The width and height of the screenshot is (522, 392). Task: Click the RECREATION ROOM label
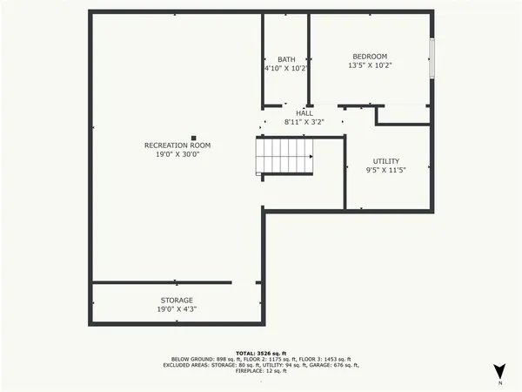[x=177, y=145]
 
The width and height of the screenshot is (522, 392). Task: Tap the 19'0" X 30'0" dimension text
[x=177, y=154]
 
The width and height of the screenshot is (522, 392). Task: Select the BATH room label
[x=286, y=59]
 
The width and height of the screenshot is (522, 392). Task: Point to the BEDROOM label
[x=370, y=55]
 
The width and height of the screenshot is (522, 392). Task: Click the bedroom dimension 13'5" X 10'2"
[x=370, y=65]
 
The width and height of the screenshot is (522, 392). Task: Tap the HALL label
[x=304, y=113]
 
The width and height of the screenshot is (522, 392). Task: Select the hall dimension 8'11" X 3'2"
[x=304, y=123]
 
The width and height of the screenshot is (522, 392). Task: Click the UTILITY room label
[x=386, y=162]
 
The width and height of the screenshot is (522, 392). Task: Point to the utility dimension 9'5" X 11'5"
[x=386, y=172]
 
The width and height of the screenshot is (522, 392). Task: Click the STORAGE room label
[x=176, y=300]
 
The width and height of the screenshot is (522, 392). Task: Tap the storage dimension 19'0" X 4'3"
[x=176, y=309]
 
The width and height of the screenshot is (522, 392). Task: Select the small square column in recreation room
[x=194, y=136]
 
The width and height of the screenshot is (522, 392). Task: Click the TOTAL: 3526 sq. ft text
[x=261, y=350]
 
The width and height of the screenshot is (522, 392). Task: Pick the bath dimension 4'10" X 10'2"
[x=286, y=68]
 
